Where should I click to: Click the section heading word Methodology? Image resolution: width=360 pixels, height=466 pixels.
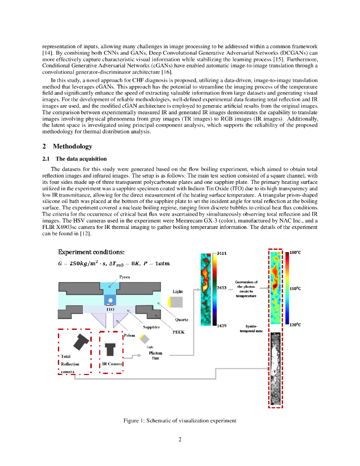(72, 147)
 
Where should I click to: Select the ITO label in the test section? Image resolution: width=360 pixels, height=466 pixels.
(110, 309)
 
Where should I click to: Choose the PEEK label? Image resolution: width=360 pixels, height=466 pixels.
(178, 332)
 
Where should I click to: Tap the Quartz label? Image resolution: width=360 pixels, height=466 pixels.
(182, 319)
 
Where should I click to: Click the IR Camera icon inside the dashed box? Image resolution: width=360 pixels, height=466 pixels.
(110, 349)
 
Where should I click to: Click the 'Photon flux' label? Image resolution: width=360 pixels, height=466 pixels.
(156, 355)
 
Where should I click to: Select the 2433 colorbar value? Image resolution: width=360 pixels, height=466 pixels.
(222, 288)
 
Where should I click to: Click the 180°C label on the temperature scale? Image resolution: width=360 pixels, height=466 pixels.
(296, 252)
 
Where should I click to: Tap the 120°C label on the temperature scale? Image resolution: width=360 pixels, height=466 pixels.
(296, 324)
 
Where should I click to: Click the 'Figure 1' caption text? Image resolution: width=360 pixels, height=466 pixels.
(180, 420)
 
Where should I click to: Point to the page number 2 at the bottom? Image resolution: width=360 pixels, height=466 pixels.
(180, 440)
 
